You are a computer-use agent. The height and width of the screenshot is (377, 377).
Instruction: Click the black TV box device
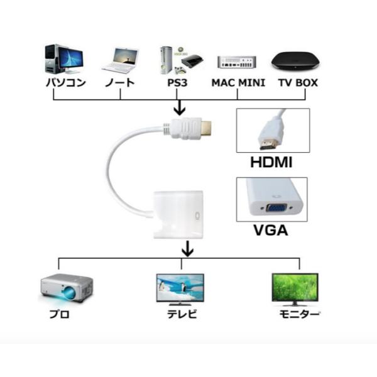(294, 62)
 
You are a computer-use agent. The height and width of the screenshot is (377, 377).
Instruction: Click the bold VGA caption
(270, 231)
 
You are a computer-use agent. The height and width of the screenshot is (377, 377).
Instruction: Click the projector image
(66, 287)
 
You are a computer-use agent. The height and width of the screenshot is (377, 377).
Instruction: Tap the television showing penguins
(180, 288)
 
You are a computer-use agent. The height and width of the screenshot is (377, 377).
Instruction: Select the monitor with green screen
(295, 288)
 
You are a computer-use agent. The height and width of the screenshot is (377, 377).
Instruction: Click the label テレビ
(180, 314)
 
